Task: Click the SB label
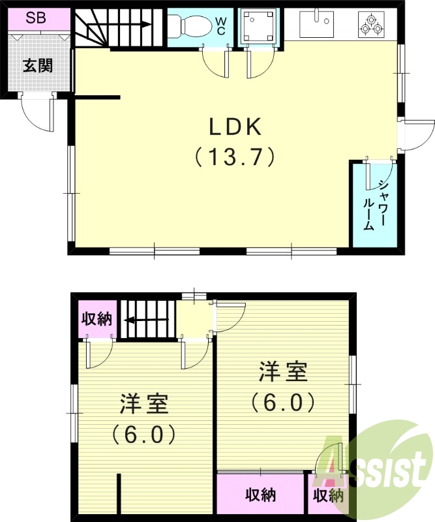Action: (x=36, y=18)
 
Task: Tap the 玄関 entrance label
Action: (x=38, y=66)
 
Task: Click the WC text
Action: (x=221, y=27)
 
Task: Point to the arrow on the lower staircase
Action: (x=145, y=320)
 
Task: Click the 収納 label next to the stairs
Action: (x=97, y=320)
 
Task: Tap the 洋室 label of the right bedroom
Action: (x=283, y=373)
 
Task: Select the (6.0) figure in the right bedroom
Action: (x=283, y=402)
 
